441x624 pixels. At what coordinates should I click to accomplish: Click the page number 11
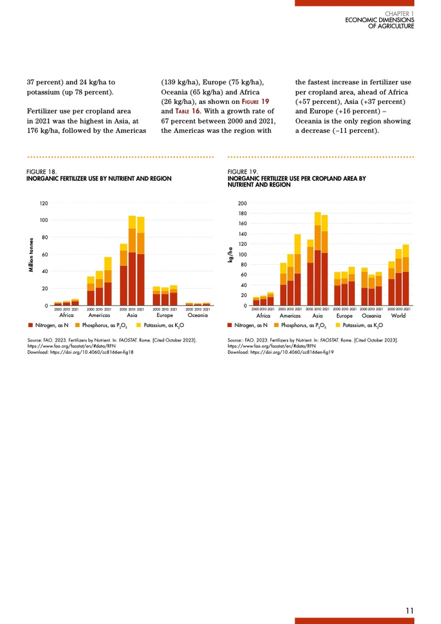pos(410,610)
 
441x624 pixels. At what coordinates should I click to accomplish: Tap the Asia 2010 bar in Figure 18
pos(132,265)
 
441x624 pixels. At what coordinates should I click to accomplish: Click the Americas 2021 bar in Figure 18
pos(108,284)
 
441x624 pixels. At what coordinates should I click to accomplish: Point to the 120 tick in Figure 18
pos(43,204)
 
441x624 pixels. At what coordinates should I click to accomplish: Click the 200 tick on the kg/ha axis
pos(243,204)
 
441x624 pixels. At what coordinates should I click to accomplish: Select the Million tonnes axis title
pos(31,255)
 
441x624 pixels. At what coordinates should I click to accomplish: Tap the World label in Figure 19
pos(398,315)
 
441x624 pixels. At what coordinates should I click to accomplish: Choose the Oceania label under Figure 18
pos(198,315)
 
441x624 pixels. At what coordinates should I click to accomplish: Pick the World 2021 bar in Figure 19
pos(406,277)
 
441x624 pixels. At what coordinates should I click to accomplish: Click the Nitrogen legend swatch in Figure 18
pos(30,325)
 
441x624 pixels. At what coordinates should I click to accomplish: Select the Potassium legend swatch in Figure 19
pos(338,325)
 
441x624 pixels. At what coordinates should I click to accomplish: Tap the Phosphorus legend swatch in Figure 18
pos(77,325)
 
